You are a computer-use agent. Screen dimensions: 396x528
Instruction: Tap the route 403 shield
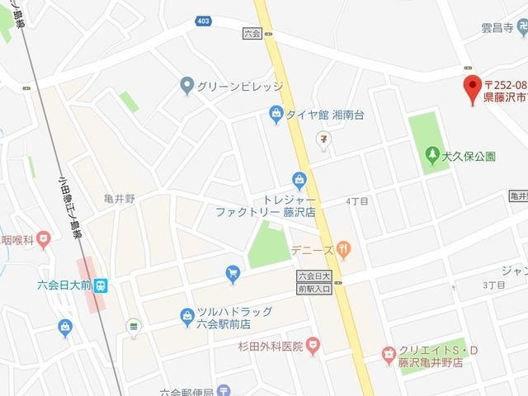pos(203,21)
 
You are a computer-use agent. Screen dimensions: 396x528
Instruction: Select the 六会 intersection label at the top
pos(252,33)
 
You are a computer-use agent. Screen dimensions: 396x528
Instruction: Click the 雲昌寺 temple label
pos(497,28)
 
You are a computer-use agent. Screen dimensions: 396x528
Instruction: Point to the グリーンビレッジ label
pos(239,85)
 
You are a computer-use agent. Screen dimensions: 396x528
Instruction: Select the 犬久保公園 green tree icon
pos(431,154)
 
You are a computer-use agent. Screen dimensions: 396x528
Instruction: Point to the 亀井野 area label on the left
pos(120,199)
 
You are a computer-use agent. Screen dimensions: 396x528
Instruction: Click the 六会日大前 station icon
pos(100,285)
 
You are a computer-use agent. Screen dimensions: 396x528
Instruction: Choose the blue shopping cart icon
pos(233,271)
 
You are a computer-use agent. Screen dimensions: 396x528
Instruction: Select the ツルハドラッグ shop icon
pos(187,315)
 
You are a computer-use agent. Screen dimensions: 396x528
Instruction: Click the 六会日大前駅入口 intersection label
pos(313,282)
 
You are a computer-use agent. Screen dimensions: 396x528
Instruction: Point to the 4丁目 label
pos(357,200)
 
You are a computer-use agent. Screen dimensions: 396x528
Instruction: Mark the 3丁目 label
pos(493,285)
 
